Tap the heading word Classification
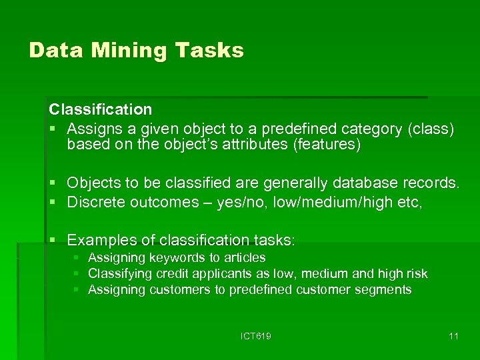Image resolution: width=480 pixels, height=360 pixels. click(100, 109)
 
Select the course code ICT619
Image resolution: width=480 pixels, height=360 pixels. click(256, 336)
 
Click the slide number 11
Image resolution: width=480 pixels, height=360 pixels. click(453, 336)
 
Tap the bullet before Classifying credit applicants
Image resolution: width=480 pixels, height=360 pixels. click(77, 273)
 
